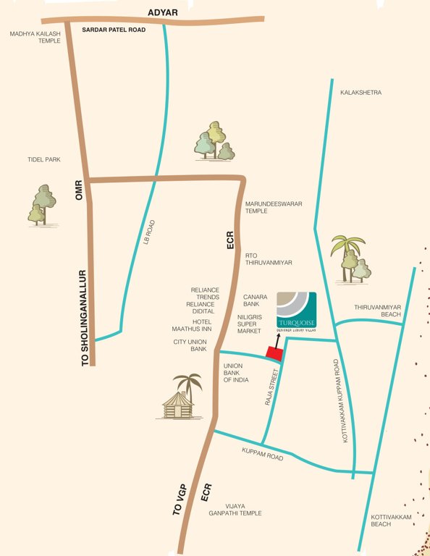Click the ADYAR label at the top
coord(162,12)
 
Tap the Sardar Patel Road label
coord(114,30)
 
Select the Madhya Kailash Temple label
coord(35,38)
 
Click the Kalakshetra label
coord(361,93)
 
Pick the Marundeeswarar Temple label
coord(274,207)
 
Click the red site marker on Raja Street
coord(274,353)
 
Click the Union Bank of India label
coord(236,373)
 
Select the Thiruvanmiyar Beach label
coord(377,311)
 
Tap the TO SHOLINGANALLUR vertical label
coord(83,317)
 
